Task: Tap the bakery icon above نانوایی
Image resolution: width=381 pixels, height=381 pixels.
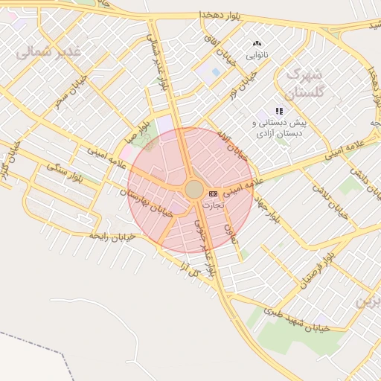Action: pos(257,44)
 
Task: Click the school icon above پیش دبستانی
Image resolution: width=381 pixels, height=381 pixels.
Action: pos(279,111)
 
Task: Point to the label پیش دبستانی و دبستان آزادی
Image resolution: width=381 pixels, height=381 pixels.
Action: pos(279,128)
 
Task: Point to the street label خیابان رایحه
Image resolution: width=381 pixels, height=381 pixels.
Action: pos(112,235)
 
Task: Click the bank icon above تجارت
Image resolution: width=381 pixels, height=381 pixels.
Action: pos(214,193)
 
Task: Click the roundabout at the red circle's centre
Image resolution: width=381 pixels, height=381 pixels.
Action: pos(193,190)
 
